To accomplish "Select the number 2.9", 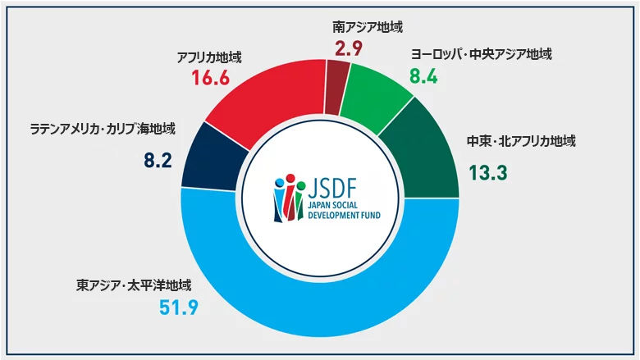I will click(350, 47).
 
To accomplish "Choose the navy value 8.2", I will click(157, 159).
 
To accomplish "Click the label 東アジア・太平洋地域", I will click(134, 286).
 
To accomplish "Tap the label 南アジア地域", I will click(362, 28).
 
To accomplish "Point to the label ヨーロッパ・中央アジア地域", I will click(481, 55).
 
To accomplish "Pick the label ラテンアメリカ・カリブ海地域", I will click(103, 130).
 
